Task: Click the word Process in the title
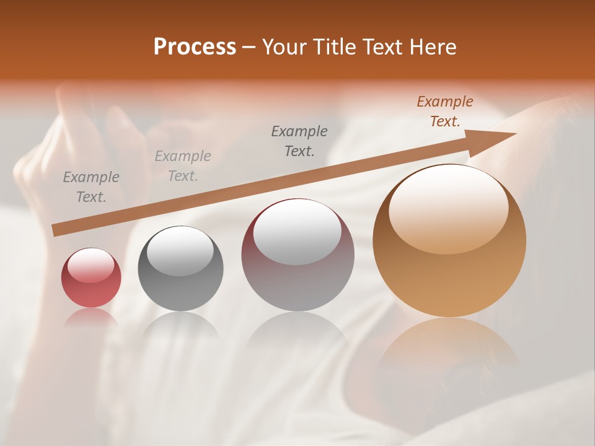pyautogui.click(x=195, y=47)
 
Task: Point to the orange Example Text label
pyautogui.click(x=445, y=111)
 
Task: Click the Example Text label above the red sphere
pyautogui.click(x=91, y=187)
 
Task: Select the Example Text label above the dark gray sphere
pyautogui.click(x=183, y=166)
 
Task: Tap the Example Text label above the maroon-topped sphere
pyautogui.click(x=299, y=141)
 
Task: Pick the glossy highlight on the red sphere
pyautogui.click(x=91, y=265)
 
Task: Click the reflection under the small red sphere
pyautogui.click(x=91, y=317)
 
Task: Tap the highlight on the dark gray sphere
pyautogui.click(x=180, y=251)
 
